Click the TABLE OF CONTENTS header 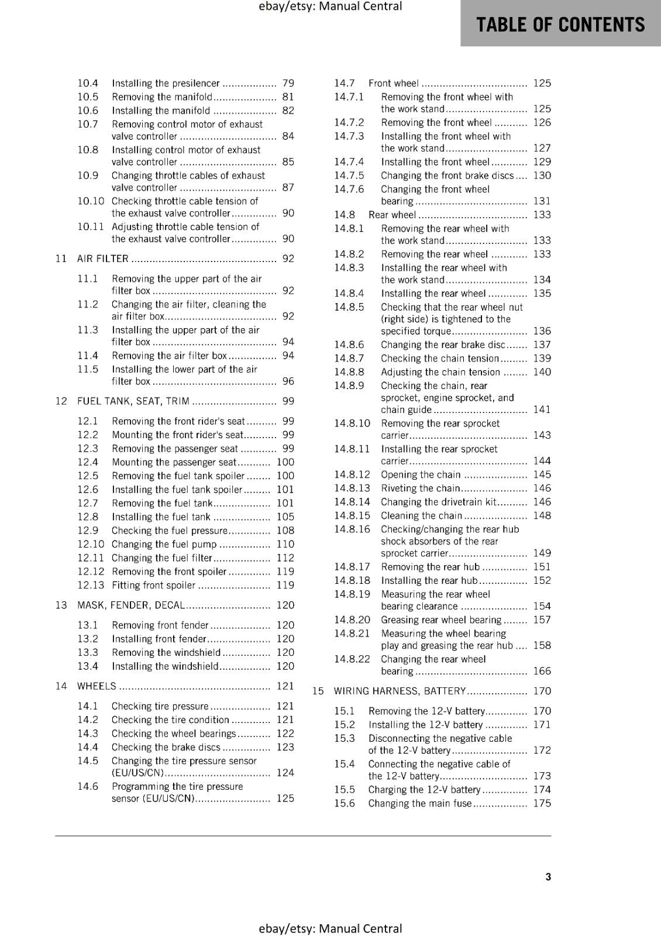(x=560, y=25)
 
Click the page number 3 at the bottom (x=548, y=876)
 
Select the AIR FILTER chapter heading (x=103, y=259)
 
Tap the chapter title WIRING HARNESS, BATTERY (x=400, y=691)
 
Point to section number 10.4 (x=88, y=83)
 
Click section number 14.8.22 (x=352, y=659)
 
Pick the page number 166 (x=542, y=671)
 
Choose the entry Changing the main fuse (x=419, y=803)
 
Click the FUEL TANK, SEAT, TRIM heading (x=133, y=401)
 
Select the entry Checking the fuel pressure (x=169, y=531)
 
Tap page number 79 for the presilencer (x=288, y=83)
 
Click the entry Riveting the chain (x=420, y=488)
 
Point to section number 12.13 (x=91, y=585)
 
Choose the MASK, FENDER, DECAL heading (x=131, y=605)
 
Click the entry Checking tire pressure (x=160, y=706)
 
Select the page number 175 (x=542, y=803)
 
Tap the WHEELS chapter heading (x=97, y=686)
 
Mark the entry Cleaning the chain (x=421, y=515)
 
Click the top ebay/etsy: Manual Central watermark (x=330, y=6)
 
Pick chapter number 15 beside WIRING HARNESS (x=318, y=691)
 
